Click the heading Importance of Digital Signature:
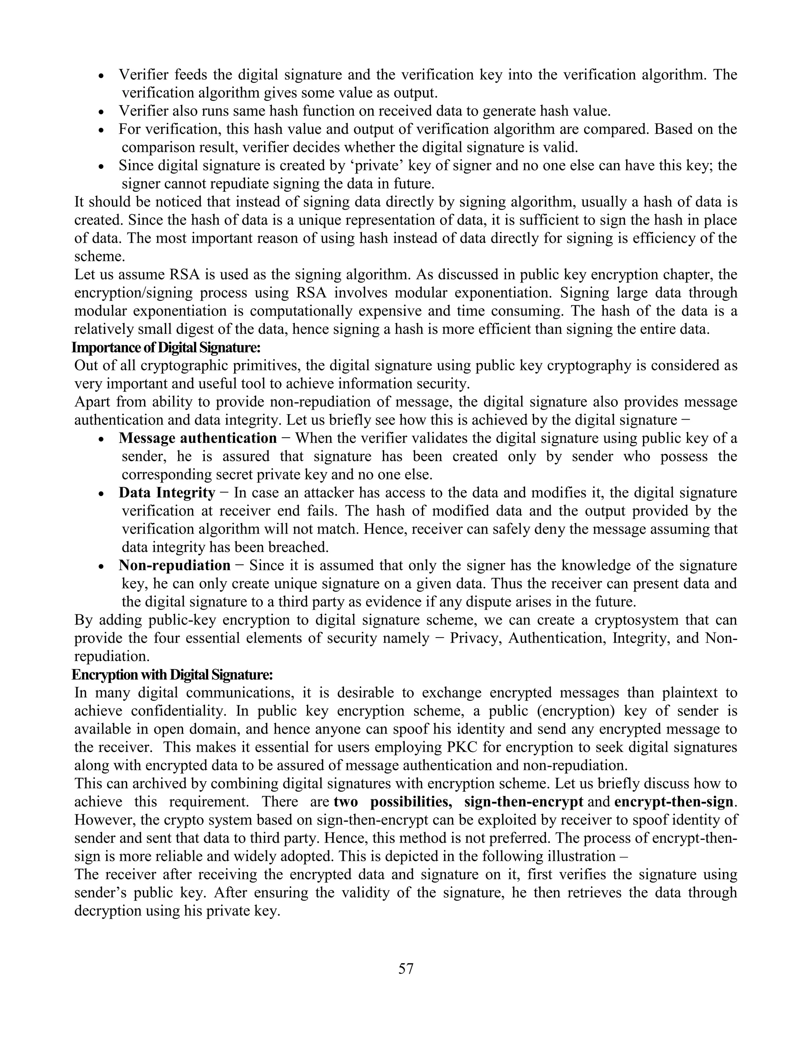pos(166,347)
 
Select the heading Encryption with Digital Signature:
pos(172,675)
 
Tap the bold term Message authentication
pos(198,438)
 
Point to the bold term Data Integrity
pos(167,492)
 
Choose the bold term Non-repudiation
pos(175,566)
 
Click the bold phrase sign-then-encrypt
pos(523,801)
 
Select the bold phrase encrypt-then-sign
pos(673,801)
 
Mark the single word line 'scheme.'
pos(99,257)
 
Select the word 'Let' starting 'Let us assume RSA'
pos(85,275)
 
